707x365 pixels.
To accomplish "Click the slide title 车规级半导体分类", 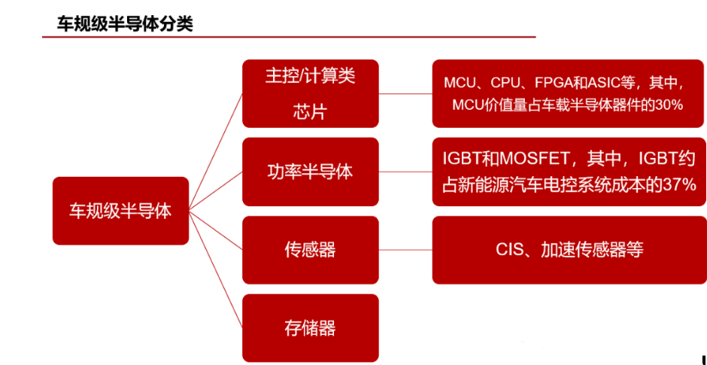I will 125,23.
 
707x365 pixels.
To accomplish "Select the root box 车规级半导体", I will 120,210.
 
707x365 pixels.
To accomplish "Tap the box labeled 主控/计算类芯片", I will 310,93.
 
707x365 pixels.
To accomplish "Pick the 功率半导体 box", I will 310,172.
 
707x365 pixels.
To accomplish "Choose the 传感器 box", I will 310,250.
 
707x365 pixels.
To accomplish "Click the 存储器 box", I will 310,327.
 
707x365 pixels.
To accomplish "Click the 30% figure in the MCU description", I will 669,105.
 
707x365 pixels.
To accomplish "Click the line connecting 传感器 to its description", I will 405,250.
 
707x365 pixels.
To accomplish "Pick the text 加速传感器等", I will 592,250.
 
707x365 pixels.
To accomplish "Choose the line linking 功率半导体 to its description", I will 405,172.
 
